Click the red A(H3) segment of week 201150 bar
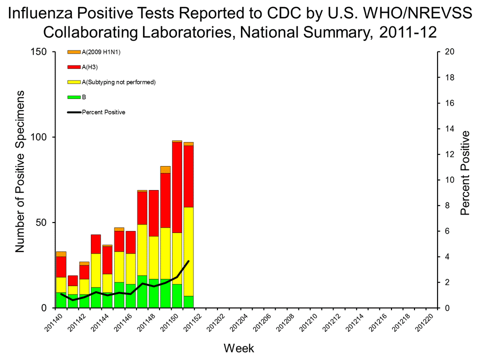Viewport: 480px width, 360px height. pos(177,187)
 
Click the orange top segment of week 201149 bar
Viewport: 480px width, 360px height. pos(165,169)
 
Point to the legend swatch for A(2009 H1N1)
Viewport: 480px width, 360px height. pos(74,51)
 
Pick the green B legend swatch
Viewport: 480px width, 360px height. pos(74,97)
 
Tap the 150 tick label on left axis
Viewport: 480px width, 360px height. pos(39,52)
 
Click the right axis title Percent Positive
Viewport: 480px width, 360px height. pos(465,173)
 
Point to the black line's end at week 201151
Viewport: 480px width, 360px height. pos(188,261)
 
